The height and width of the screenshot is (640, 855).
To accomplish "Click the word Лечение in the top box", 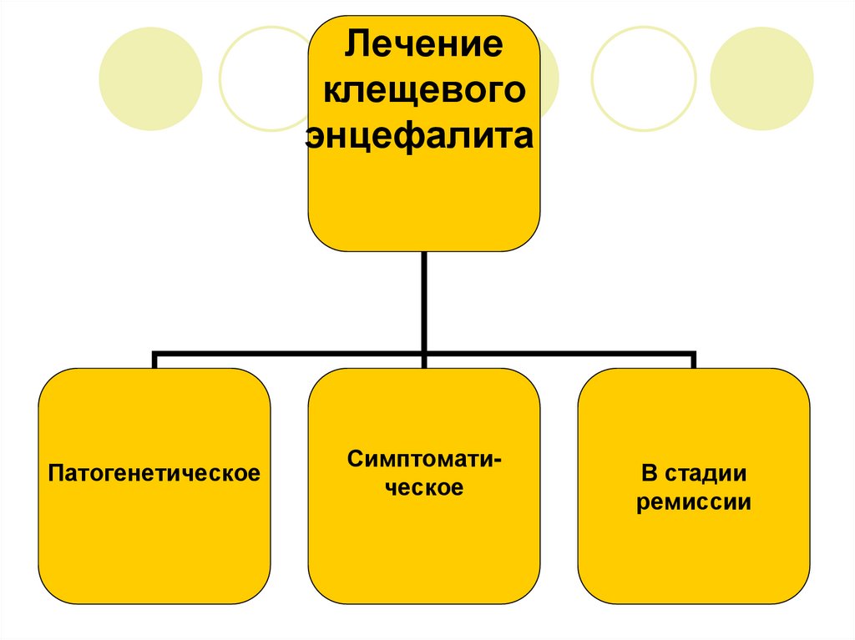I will [423, 42].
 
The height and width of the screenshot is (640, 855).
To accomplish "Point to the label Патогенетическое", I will [154, 474].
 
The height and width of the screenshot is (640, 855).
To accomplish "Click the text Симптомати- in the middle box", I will [423, 459].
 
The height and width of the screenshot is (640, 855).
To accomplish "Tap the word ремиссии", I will [694, 503].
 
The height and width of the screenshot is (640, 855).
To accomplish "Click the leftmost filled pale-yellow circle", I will [150, 78].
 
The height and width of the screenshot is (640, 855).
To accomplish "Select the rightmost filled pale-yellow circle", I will [761, 78].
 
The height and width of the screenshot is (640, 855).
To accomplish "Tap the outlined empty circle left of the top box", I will [269, 78].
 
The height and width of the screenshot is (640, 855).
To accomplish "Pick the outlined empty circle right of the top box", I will [643, 78].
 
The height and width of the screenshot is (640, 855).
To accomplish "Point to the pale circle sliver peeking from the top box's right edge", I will [550, 78].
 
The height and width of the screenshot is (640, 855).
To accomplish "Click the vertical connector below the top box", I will [424, 300].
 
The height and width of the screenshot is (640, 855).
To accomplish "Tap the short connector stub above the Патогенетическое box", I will [154, 360].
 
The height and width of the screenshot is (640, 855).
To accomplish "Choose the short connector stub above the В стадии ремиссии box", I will [693, 360].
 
